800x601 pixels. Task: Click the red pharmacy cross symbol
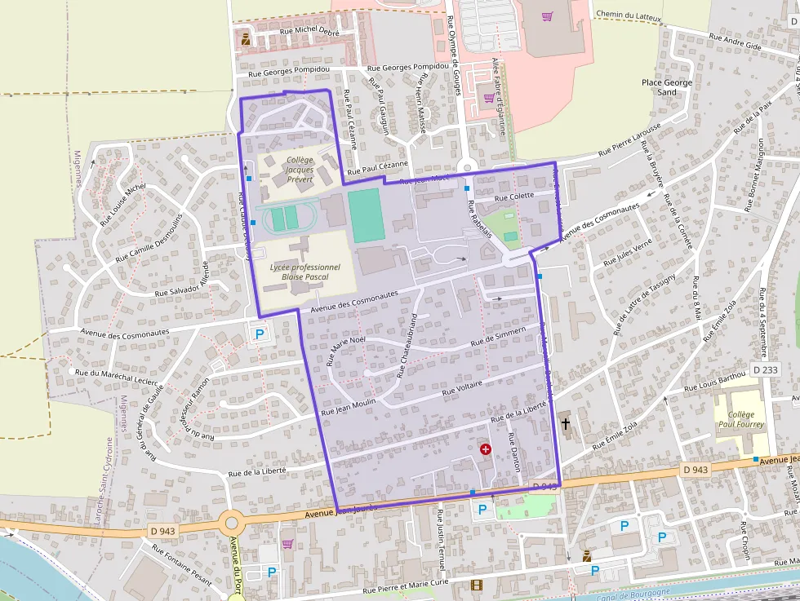[x=486, y=449]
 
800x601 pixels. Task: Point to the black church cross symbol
[x=565, y=424]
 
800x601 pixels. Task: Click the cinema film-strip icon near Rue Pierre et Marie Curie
[x=477, y=585]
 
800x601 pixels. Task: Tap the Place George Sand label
[x=666, y=87]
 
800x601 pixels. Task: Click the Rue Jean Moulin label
[x=349, y=407]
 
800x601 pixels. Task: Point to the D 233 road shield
[x=766, y=369]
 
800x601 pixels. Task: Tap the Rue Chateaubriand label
[x=407, y=347]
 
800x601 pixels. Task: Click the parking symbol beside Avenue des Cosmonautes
[x=260, y=334]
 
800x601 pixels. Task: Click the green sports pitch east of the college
[x=367, y=215]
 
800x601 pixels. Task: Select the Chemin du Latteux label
[x=629, y=15]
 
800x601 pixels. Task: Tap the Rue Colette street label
[x=514, y=197]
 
